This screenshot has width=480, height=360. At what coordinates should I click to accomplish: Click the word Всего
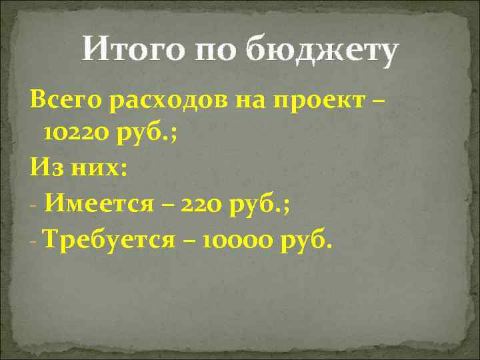click(63, 101)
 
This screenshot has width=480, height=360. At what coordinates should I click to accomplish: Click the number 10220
click(73, 134)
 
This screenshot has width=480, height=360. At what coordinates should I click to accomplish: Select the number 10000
click(233, 239)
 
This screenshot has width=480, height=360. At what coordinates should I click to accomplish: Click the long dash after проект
click(378, 102)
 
